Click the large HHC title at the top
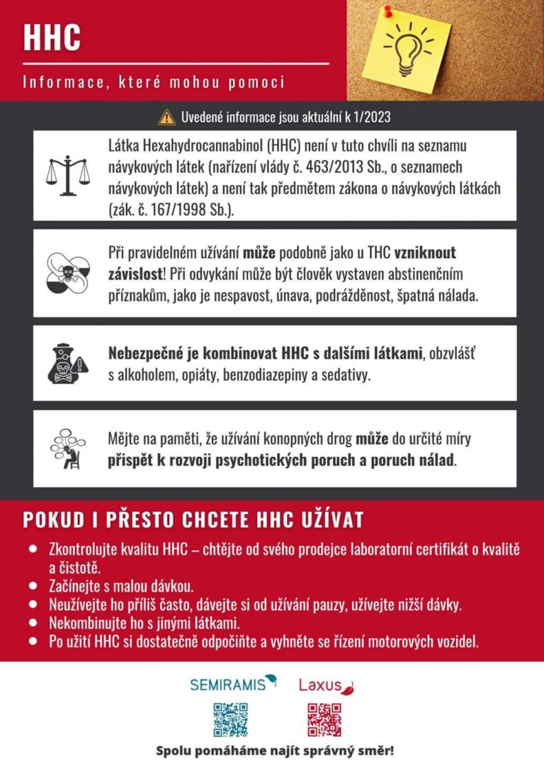[x=52, y=37]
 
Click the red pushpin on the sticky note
[x=388, y=12]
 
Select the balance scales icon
[x=68, y=176]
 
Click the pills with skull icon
[x=69, y=272]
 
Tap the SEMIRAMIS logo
[x=233, y=683]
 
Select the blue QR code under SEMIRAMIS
[x=231, y=720]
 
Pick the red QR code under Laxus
[x=324, y=720]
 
